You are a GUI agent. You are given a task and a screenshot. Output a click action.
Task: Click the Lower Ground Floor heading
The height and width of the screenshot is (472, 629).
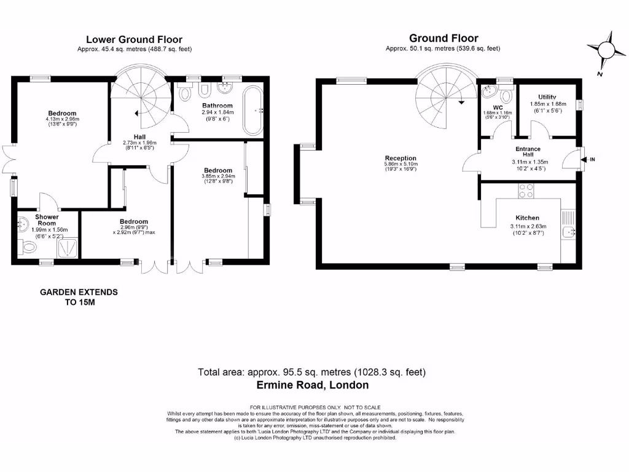pos(134,39)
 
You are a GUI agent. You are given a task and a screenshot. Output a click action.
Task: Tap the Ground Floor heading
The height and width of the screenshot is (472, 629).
pos(443,38)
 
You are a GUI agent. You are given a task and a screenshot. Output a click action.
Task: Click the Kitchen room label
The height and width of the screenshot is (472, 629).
pos(527,218)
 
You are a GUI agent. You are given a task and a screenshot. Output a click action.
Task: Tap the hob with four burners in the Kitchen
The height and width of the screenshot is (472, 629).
pos(526,191)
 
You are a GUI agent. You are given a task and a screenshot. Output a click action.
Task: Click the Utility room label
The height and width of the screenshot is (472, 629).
pos(547,97)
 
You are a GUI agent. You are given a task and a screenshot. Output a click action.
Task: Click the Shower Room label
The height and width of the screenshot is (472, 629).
pos(46,220)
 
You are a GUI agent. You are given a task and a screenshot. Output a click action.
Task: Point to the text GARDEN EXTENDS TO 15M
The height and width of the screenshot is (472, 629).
pos(79,297)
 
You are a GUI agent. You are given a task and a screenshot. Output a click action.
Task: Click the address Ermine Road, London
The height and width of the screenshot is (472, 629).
pos(312,385)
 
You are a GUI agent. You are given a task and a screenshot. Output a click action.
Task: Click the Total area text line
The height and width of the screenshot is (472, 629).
pos(311,372)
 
